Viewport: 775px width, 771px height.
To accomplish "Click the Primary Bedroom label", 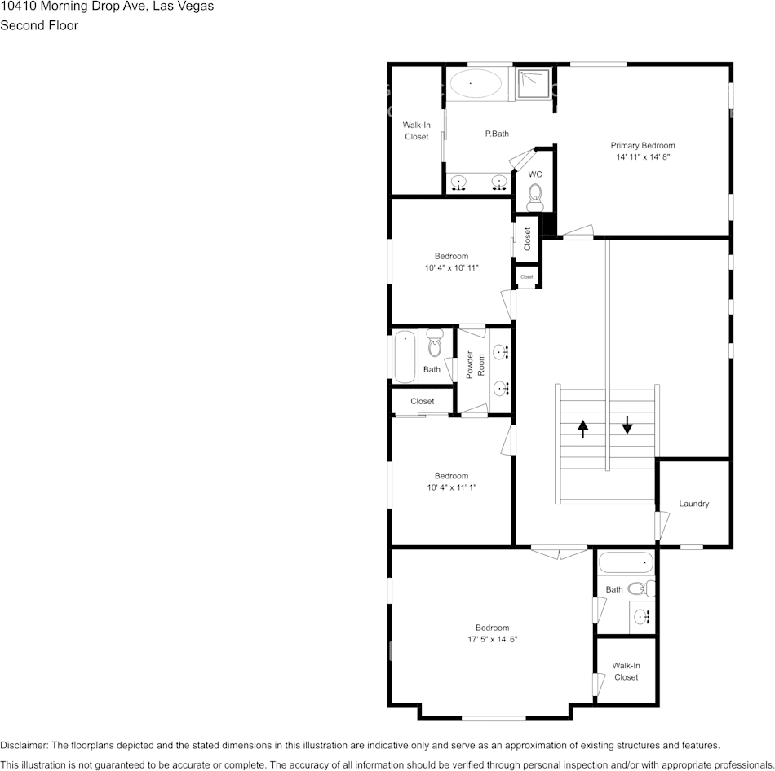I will pos(643,145).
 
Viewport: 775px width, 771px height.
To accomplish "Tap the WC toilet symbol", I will pos(535,194).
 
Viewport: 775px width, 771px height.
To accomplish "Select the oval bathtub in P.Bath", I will pos(477,83).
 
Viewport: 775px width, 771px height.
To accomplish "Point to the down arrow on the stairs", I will pos(627,425).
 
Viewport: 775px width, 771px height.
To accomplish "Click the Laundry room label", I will pos(693,504).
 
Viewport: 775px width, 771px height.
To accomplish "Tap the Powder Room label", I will pos(475,364).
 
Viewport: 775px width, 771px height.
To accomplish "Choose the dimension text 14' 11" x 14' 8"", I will pos(643,156).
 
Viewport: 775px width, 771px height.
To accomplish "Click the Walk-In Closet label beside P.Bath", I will pos(416,130).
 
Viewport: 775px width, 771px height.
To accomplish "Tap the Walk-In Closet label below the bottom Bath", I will pos(626,672).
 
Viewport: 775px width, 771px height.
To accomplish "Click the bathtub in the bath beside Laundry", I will pos(626,562).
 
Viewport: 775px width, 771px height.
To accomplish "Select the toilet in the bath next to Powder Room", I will pos(435,346).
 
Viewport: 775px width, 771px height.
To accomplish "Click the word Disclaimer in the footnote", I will pos(24,745).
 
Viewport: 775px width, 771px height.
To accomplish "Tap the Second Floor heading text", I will pos(39,25).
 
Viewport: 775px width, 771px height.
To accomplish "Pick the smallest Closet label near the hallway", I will pos(527,277).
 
